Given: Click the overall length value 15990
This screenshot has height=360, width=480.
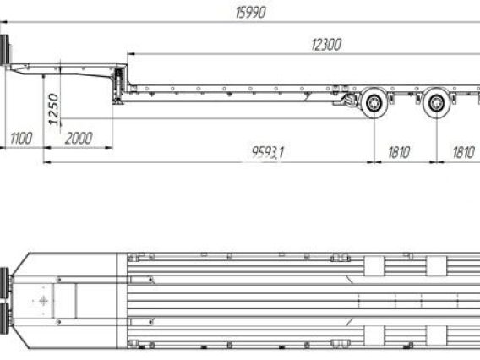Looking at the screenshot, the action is coord(251,13).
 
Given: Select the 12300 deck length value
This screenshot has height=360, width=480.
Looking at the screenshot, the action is coord(326,45).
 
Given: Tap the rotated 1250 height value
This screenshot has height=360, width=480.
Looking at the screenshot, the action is coord(54,109).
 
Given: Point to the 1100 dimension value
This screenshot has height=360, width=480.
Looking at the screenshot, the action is coord(21,139).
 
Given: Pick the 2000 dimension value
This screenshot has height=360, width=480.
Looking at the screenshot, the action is coord(79,139).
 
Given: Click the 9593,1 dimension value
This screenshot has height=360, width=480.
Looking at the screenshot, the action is coord(268,152).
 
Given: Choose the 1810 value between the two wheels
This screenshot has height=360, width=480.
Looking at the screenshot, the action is coord(399,152).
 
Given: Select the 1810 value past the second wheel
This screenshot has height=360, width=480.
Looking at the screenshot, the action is coord(463,152).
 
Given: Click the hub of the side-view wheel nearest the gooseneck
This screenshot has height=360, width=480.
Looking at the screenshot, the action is coord(374,103).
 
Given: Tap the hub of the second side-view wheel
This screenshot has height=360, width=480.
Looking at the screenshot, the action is coord(437,103).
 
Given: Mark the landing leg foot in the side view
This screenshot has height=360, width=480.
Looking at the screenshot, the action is coord(117,102).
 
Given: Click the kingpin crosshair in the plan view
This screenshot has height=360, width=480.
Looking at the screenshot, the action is coord(43,301).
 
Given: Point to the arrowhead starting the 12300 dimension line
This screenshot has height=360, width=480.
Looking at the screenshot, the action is coord(131,54).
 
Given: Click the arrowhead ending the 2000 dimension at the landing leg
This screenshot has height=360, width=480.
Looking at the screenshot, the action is coord(109,148).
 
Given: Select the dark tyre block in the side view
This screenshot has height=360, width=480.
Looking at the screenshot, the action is coord(4,50).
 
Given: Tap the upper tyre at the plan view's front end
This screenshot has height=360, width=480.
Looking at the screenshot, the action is coord(4,283).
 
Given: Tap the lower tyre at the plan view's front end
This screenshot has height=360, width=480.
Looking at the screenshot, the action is coord(4,319).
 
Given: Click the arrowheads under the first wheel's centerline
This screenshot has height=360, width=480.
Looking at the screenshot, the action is coord(374,162).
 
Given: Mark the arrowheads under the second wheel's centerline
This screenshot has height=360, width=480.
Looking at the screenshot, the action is coord(437,162).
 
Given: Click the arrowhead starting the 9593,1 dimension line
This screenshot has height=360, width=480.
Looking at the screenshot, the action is coord(47,162).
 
